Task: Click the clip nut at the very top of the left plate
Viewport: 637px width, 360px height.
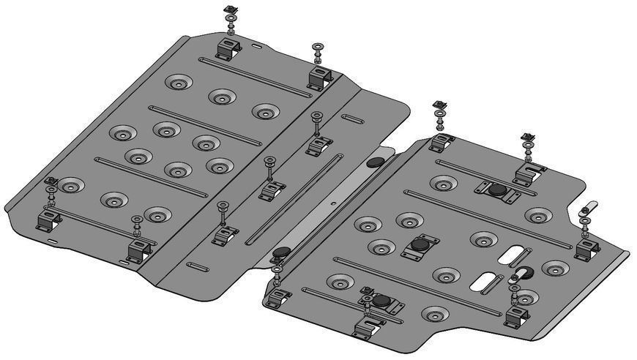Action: [x=229, y=10]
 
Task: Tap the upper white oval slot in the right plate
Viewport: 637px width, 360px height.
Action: [x=510, y=254]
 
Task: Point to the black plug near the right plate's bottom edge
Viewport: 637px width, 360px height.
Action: [x=381, y=301]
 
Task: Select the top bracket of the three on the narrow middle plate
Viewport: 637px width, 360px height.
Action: [x=317, y=145]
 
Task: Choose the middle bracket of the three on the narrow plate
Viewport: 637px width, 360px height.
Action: [x=272, y=190]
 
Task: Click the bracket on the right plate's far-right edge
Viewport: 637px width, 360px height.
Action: [x=585, y=250]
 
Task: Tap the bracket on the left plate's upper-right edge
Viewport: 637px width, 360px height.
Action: [x=320, y=76]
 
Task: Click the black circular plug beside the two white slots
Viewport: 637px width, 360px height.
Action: [x=526, y=273]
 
